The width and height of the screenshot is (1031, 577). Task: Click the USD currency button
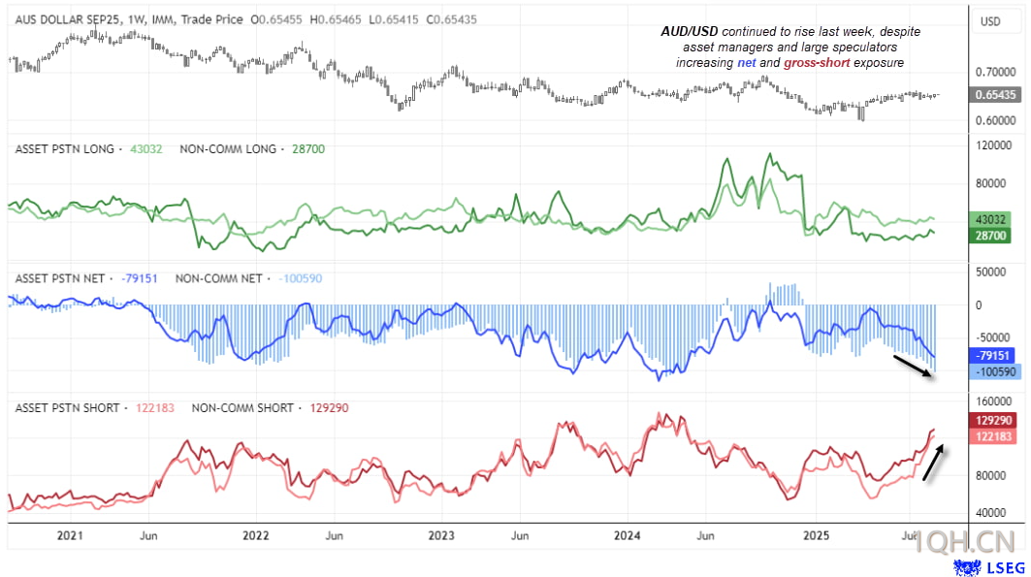[x=991, y=21]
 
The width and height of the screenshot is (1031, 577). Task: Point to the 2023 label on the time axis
[x=441, y=535]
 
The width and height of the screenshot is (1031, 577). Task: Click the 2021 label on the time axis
[x=70, y=535]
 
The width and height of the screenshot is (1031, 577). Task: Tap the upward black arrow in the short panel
[x=934, y=462]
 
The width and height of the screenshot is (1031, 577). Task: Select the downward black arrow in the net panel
[x=914, y=369]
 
